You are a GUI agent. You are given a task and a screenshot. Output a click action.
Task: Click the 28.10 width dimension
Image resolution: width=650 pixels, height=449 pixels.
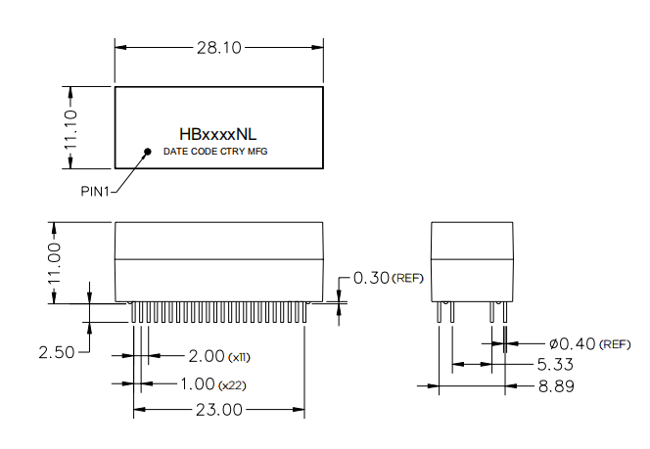[x=218, y=46]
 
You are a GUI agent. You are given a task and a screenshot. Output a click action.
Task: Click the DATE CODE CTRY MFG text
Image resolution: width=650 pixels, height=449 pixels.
[x=214, y=153]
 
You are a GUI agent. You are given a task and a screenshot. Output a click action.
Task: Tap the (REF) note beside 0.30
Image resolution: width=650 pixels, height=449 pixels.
[x=407, y=280]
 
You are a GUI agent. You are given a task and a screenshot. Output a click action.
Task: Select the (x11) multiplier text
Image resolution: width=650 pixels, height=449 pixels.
[x=239, y=356]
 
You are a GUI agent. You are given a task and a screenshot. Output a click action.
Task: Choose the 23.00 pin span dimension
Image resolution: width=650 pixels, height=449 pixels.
[x=216, y=410]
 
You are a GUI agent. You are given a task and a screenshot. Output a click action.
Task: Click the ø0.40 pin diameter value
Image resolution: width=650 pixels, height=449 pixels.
[x=572, y=344]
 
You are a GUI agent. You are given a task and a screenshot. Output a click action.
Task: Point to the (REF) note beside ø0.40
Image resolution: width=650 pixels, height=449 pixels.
[x=616, y=345]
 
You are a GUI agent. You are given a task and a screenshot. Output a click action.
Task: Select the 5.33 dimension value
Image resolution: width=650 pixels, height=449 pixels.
[x=552, y=364]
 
